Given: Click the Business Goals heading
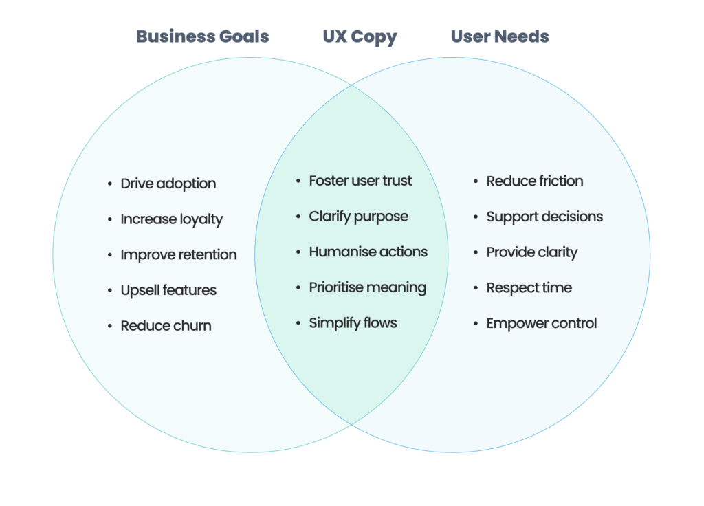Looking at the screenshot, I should [x=202, y=36].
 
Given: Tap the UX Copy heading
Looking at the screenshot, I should [x=360, y=36].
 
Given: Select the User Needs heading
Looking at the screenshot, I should [x=500, y=36].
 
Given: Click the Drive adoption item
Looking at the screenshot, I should [x=168, y=184].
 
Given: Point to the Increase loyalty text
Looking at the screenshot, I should [x=171, y=219].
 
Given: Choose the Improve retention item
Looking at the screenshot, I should [x=178, y=255].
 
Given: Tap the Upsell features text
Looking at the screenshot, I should [x=168, y=290].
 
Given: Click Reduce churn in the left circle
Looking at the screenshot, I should [x=166, y=326].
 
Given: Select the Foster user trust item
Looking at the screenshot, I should [x=360, y=181].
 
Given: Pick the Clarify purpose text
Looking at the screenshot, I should [x=358, y=217].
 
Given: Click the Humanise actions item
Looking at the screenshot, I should [x=368, y=252].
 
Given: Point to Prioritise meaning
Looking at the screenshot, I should [x=367, y=287].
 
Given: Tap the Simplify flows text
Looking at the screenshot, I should [x=353, y=323].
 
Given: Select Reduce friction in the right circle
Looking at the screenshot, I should [x=534, y=181].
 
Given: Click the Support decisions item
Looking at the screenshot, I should [x=544, y=217].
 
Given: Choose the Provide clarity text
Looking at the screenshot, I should [x=531, y=252].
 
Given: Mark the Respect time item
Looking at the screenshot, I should [x=529, y=287].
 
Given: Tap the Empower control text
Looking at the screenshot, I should [x=541, y=323].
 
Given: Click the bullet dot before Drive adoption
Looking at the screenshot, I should [x=110, y=184].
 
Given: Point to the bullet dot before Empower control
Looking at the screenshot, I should [x=476, y=323].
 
